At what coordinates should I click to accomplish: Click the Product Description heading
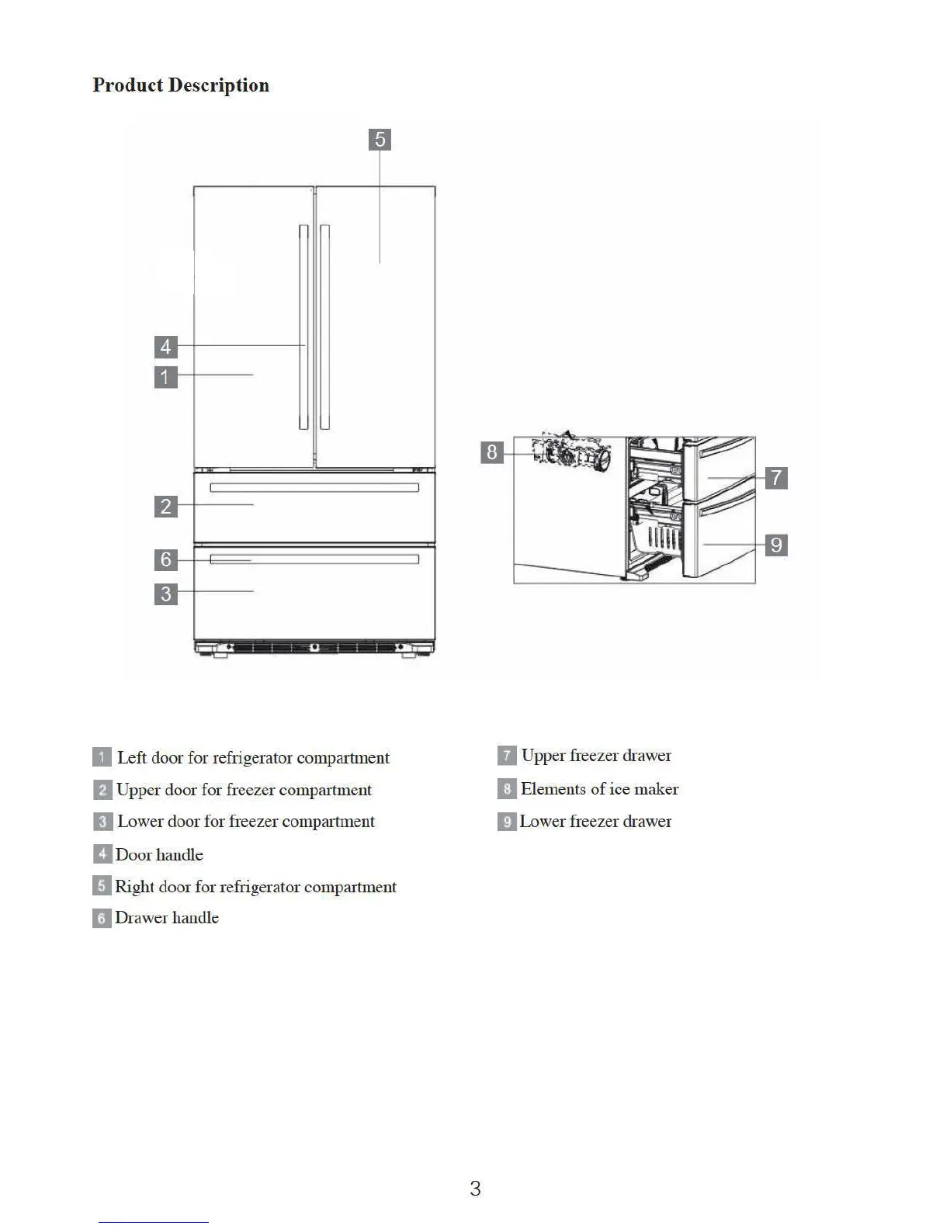181,85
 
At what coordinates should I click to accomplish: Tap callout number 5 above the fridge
380,140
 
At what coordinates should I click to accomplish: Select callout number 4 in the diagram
165,346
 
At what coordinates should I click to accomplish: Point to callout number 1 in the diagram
165,377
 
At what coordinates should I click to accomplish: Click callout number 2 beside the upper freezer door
165,507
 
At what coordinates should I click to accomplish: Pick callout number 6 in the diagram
165,559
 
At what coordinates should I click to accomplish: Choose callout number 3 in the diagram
165,594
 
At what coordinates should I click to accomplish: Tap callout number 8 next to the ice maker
492,452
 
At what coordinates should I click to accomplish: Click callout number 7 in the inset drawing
776,477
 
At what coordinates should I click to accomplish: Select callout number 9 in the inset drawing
776,545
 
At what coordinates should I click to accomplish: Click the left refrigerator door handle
303,327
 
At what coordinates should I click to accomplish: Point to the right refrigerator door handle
324,327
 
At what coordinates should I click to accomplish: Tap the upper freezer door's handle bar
314,488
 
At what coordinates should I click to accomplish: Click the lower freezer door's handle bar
314,559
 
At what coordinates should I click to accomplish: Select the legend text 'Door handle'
159,855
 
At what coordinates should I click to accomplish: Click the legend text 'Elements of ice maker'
599,789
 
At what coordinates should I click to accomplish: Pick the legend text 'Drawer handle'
167,918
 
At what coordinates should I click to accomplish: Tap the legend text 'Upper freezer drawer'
596,756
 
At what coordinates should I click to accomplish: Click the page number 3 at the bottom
475,1188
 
